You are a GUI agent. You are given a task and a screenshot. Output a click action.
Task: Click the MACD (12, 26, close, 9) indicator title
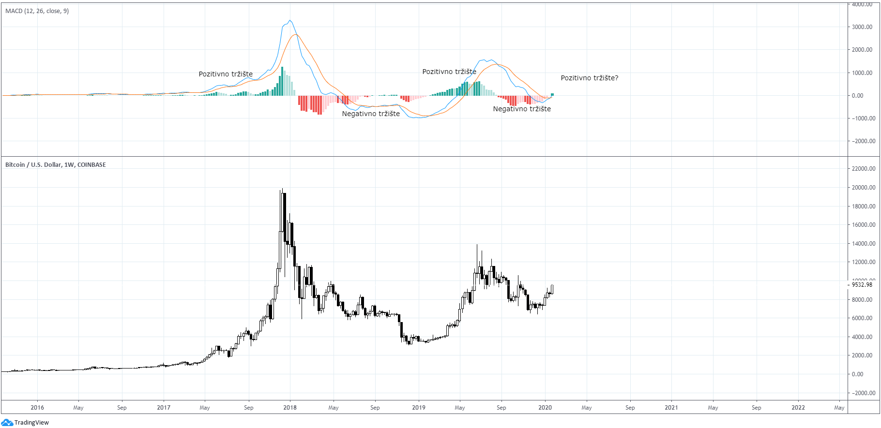tap(37, 11)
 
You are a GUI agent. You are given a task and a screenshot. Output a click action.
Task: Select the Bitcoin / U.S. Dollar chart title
tap(56, 165)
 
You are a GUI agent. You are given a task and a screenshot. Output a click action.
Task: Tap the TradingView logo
tap(25, 422)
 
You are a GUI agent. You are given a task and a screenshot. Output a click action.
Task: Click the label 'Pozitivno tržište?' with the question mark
tap(589, 78)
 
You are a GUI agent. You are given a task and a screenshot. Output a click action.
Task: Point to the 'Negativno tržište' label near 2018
tap(371, 114)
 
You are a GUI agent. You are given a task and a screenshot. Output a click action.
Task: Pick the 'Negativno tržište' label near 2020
tap(522, 109)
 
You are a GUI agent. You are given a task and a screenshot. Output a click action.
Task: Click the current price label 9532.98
tap(862, 285)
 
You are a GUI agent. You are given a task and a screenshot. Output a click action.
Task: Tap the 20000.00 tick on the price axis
tap(864, 188)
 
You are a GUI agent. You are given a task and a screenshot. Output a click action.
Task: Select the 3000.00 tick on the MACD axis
tap(863, 27)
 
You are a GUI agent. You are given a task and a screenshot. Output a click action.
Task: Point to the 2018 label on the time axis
tap(290, 408)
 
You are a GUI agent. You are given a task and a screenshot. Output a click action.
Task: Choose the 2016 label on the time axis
tap(37, 408)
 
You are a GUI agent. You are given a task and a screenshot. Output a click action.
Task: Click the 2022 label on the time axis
tap(798, 408)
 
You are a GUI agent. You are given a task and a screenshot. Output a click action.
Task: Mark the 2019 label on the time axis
tap(419, 408)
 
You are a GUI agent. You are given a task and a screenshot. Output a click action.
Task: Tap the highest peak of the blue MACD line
tap(289, 20)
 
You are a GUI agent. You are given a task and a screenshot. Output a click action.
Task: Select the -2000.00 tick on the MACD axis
tap(863, 141)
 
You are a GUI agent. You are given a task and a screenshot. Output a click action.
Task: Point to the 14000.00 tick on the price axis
tap(864, 244)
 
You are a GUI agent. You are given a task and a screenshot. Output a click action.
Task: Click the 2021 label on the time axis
tap(671, 408)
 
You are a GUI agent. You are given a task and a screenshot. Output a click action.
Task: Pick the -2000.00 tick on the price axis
tap(863, 393)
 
